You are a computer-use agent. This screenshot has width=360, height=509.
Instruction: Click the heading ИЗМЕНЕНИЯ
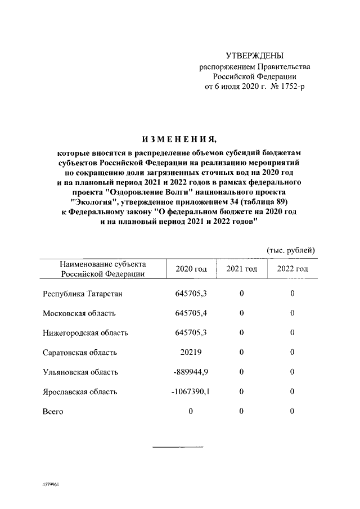(179, 138)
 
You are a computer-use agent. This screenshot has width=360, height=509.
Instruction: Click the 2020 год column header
(191, 269)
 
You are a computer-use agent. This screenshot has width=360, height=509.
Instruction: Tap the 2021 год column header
(241, 269)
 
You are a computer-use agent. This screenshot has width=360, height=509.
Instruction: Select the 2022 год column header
(292, 269)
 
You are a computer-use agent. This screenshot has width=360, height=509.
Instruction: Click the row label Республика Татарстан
(82, 293)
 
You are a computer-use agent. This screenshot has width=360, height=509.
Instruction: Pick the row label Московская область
(79, 313)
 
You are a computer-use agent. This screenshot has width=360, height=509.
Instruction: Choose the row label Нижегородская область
(85, 332)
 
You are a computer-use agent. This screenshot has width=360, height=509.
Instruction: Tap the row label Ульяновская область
(80, 372)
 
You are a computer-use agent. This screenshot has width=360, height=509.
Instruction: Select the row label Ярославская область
(80, 391)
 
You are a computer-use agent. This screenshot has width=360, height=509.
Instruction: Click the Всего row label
(53, 411)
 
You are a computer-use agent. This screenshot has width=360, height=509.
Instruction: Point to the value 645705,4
(191, 313)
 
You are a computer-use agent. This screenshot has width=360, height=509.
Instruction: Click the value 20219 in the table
(191, 352)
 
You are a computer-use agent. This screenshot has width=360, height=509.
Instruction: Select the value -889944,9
(190, 372)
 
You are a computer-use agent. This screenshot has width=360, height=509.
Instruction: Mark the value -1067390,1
(190, 391)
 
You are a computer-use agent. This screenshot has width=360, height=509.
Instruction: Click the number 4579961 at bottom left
(50, 484)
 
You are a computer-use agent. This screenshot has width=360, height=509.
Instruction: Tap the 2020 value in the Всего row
(191, 411)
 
